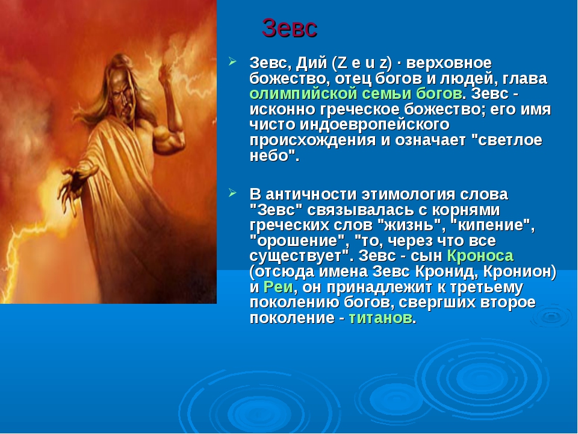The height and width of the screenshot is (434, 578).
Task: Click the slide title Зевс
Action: click(x=290, y=28)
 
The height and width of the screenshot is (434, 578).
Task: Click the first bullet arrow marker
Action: click(x=232, y=61)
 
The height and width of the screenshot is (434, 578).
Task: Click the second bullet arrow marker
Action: click(x=232, y=193)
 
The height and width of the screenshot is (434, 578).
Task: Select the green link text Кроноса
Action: click(x=480, y=256)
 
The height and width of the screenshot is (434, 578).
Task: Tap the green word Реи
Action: click(x=278, y=287)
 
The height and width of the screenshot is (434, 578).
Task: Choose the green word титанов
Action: click(x=381, y=318)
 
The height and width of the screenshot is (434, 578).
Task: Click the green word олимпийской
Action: click(x=301, y=94)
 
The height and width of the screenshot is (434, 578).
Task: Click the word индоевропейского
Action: click(x=374, y=125)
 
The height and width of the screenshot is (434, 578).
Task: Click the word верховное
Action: click(x=449, y=63)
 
